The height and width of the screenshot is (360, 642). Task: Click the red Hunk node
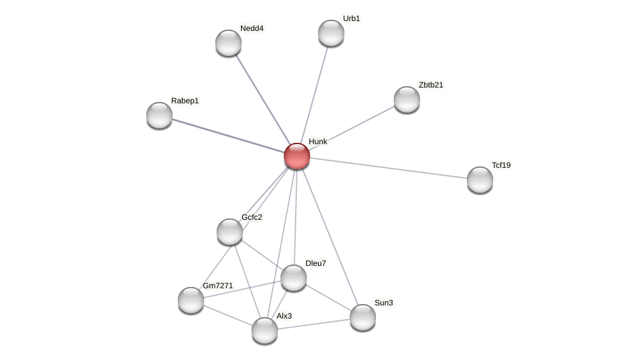(x=297, y=156)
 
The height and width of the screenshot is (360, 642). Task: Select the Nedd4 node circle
(x=228, y=43)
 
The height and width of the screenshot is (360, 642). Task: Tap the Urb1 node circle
(x=331, y=33)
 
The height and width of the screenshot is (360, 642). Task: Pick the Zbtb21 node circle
(x=407, y=99)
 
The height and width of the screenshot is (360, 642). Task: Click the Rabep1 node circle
(x=159, y=115)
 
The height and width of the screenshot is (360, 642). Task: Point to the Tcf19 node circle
(x=480, y=180)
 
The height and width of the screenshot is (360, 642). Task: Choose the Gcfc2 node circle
(x=230, y=232)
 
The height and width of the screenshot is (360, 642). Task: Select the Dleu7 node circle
(x=294, y=278)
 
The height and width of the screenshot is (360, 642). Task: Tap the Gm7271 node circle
(x=191, y=300)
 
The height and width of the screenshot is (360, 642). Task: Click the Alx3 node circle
(x=265, y=330)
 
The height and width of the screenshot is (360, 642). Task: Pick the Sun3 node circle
(x=363, y=317)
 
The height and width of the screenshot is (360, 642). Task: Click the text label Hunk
(x=318, y=141)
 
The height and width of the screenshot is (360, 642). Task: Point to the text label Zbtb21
(x=431, y=85)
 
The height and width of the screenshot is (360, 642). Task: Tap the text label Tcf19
(x=501, y=165)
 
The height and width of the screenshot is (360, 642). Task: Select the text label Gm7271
(x=218, y=286)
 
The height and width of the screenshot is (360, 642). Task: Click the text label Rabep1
(x=185, y=101)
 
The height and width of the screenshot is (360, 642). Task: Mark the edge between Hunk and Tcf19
(x=388, y=168)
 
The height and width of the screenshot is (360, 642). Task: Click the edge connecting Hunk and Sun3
(x=330, y=237)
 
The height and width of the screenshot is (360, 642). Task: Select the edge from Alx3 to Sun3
(x=313, y=324)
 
